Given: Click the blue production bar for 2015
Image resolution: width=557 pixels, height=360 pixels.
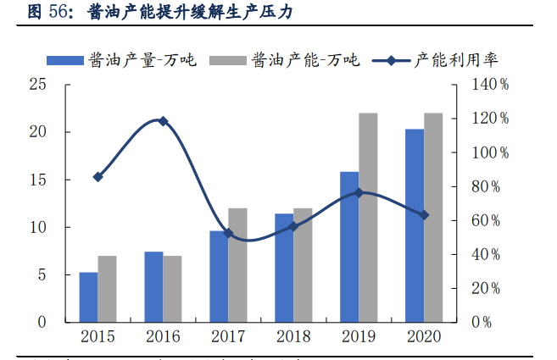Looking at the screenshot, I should click(88, 297).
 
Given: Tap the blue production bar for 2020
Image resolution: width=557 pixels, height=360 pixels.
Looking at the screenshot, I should click(415, 226).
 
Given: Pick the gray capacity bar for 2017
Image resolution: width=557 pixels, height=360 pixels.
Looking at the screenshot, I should click(237, 265).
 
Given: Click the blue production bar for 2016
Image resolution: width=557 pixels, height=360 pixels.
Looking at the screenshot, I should click(153, 287).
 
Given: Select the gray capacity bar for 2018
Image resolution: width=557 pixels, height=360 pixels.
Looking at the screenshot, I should click(303, 265).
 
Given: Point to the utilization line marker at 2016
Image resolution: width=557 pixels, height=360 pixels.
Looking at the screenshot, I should click(164, 121).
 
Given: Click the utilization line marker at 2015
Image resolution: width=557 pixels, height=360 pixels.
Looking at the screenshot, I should click(98, 177).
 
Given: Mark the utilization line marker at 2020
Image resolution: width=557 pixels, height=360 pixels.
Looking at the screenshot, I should click(424, 215).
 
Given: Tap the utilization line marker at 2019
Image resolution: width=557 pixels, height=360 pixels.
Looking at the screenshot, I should click(359, 192).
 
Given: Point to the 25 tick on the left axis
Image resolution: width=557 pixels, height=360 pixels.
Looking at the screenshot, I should click(36, 85).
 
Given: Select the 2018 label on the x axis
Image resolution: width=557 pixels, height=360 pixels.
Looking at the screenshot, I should click(293, 337).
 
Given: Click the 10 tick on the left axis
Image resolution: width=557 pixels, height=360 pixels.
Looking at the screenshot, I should click(36, 227).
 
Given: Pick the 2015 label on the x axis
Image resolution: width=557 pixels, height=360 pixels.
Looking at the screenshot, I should click(98, 337).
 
